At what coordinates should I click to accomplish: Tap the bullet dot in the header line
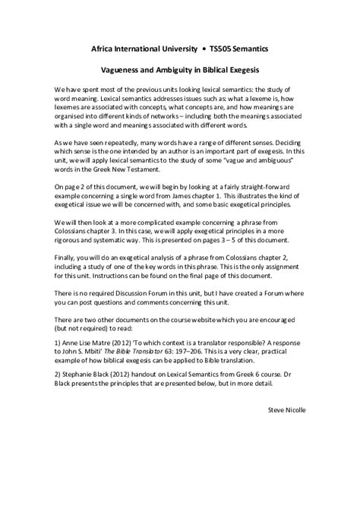click(x=203, y=48)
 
